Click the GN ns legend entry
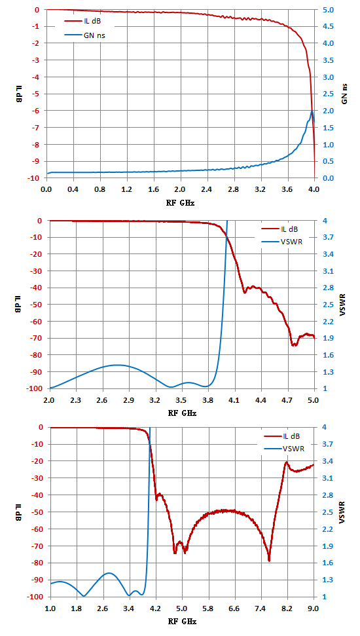pos(87,35)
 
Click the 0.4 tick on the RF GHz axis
pos(73,189)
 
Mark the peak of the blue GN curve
pos(312,111)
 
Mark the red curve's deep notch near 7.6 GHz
pos(269,561)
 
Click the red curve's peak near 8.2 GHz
pos(287,462)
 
